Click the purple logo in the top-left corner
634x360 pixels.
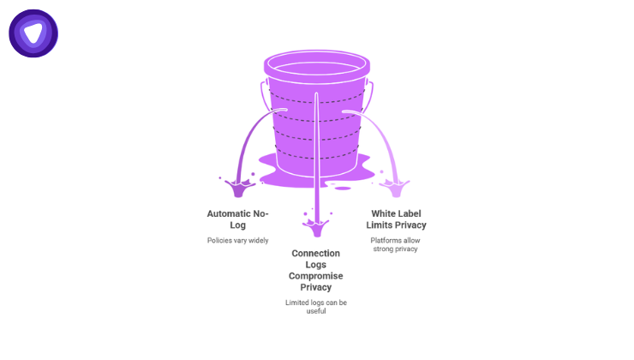point(33,33)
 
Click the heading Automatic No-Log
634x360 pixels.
point(238,219)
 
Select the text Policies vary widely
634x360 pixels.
point(238,240)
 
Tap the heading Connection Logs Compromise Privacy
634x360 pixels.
point(316,270)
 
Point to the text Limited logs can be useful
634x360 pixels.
point(316,307)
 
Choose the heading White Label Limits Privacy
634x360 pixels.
point(396,219)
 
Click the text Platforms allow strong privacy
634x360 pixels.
point(396,245)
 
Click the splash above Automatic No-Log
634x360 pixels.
point(239,186)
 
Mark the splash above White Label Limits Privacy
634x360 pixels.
point(395,186)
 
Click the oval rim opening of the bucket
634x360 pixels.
point(317,64)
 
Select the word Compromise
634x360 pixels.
point(316,276)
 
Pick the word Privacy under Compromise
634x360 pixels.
point(316,288)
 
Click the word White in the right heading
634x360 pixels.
point(382,213)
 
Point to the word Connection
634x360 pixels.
point(316,253)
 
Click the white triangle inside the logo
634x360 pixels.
point(33,33)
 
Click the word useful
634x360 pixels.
point(316,311)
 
